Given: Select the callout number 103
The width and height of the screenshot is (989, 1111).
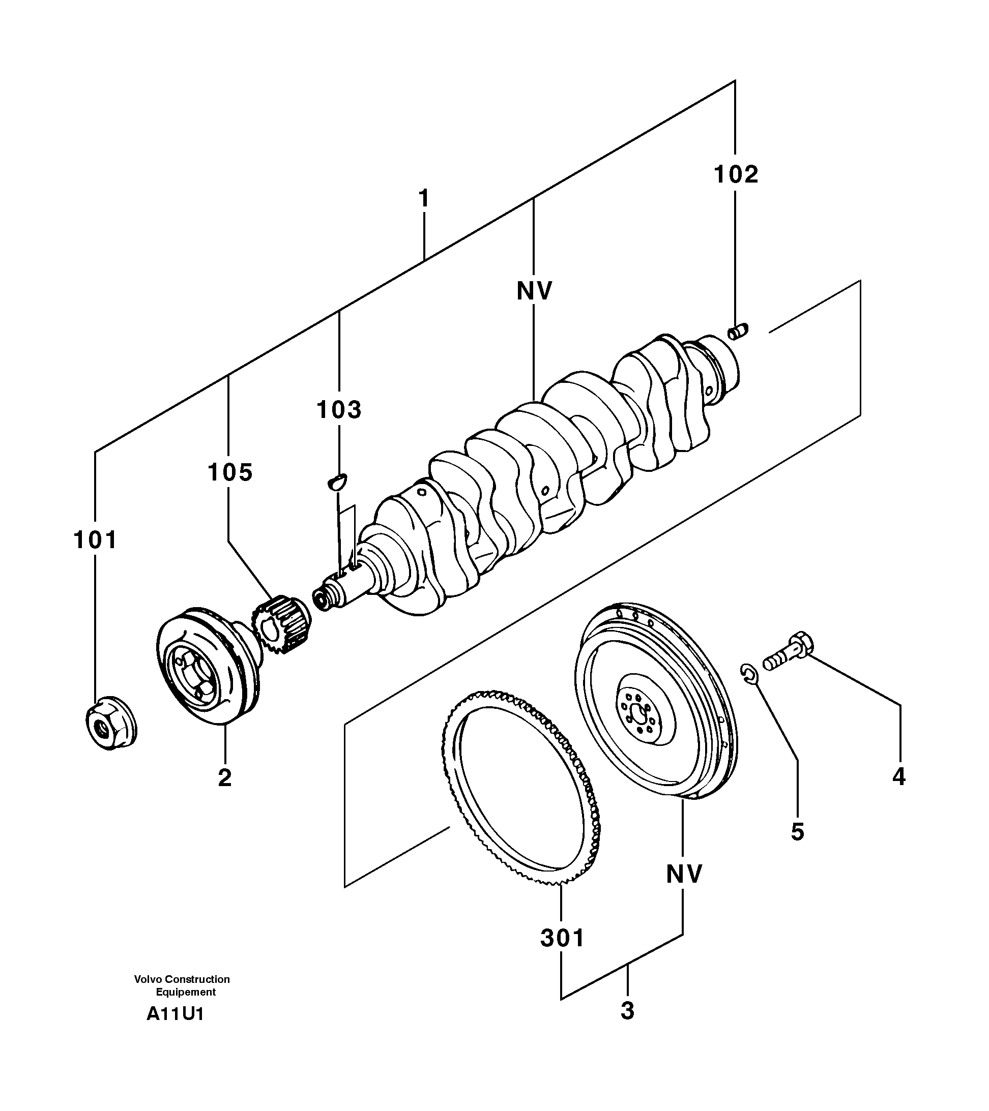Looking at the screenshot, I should pos(339,409).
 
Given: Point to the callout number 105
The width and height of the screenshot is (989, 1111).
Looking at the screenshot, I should pos(230,472).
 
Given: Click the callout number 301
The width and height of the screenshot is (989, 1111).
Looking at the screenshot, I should pos(562,938).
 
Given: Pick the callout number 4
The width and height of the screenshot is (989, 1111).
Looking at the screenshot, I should pos(899,776).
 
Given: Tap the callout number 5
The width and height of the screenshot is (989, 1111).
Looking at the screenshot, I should pos(797,832).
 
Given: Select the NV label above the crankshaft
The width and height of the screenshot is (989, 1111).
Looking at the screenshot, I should pos(534,291).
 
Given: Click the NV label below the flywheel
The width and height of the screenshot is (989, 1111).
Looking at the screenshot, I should pos(684,874).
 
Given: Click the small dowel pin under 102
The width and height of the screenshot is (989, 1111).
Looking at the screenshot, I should pos(738,331).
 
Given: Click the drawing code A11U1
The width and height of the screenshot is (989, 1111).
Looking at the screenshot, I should pos(174,1014).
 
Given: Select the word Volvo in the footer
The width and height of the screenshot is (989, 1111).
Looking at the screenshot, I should pos(149,979).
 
